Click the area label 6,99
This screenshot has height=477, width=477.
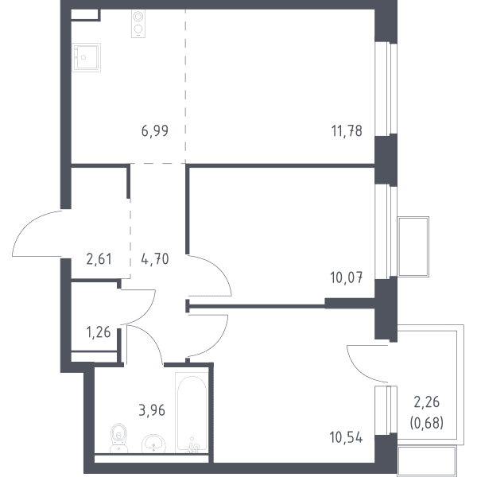[155, 131]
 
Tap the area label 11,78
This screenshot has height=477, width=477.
[347, 131]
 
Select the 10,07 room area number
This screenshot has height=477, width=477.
[346, 277]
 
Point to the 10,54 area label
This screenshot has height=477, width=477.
[346, 437]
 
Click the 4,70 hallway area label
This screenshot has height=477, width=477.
[155, 259]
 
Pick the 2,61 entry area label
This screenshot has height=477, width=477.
[99, 259]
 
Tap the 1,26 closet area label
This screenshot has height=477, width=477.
[99, 332]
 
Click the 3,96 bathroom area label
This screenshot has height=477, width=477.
[152, 410]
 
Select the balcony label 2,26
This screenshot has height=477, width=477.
[426, 402]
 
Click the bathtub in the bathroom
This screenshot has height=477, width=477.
[192, 413]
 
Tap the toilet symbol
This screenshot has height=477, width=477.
[118, 437]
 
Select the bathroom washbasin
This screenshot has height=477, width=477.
[153, 444]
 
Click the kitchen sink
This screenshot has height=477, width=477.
[87, 57]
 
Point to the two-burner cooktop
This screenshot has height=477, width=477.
[138, 24]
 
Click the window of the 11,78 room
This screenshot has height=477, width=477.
[386, 88]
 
